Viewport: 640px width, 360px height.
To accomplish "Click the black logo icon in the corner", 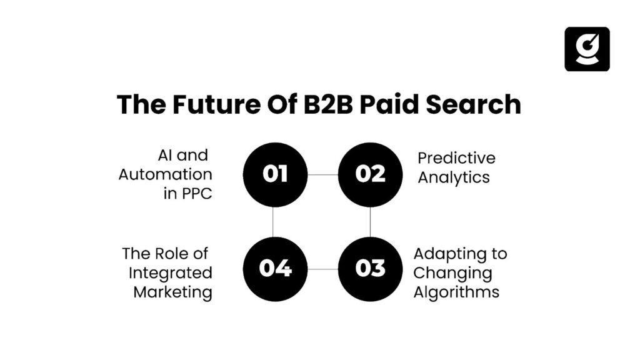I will [x=587, y=49].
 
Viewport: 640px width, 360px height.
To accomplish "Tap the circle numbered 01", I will [x=275, y=174].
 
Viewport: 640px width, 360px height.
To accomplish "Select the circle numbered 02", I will [x=370, y=174].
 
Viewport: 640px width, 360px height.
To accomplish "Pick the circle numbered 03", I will [x=370, y=269].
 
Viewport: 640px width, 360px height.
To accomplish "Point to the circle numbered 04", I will [x=275, y=269].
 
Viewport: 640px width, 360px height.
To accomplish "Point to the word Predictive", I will [x=456, y=159].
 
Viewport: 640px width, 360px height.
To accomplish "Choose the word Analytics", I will [x=454, y=177].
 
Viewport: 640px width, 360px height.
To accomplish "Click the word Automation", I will [x=166, y=174].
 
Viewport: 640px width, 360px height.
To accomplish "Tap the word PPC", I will [x=196, y=193].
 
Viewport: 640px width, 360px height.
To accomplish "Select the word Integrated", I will [x=171, y=273].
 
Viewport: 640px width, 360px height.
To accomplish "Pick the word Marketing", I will [x=172, y=292].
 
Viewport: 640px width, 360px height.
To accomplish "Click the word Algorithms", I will [x=456, y=292].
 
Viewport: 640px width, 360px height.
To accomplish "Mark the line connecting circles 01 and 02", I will [x=322, y=174].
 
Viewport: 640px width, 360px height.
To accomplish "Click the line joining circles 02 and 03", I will [x=370, y=222].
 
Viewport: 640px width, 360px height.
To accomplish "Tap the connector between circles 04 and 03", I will [x=322, y=269].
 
